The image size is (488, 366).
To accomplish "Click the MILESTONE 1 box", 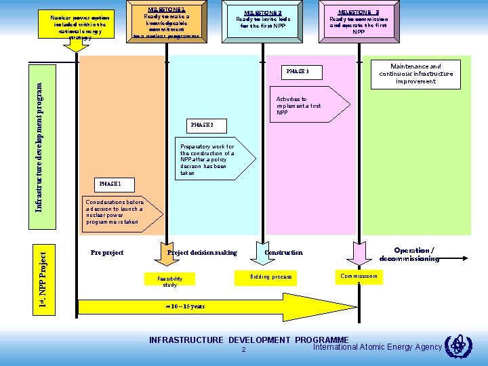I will point(167,23).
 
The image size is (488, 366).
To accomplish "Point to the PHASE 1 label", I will point(110,184).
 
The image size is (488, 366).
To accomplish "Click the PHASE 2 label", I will point(202,125).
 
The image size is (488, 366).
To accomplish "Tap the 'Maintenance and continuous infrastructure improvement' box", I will point(415,74).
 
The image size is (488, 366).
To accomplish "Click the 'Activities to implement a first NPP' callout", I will point(309,105).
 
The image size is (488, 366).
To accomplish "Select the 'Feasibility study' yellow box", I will point(169,280).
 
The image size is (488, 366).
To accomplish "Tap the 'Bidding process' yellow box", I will point(270,277).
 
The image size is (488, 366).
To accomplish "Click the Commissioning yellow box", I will point(360,277).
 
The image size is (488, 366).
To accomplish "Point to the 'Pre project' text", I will point(106,253).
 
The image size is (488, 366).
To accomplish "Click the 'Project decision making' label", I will point(202,253).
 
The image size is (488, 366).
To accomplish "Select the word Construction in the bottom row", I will point(283,253).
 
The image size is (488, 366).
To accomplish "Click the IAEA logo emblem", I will point(455,346).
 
